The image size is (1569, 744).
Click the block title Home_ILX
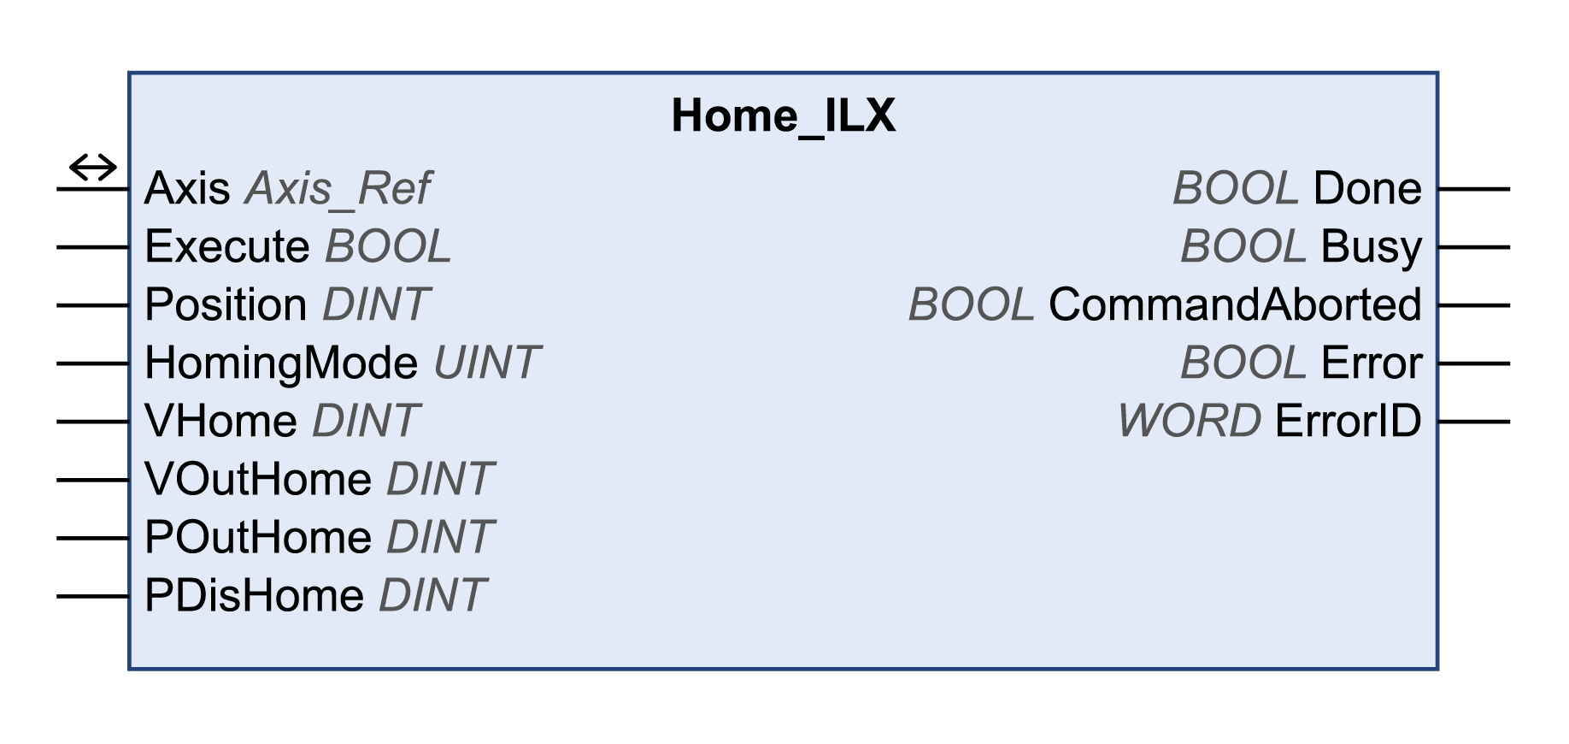coord(783,115)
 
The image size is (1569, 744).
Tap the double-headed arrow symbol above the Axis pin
coord(92,167)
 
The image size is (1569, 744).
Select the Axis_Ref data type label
coord(338,189)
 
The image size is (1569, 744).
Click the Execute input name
coord(226,247)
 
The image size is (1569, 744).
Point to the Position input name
coord(226,305)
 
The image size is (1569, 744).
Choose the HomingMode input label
coord(281,363)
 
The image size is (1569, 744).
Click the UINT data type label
coord(486,363)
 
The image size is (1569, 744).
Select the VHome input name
coord(220,422)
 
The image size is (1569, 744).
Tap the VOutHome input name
coord(258,480)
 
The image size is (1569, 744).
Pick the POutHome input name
coord(258,538)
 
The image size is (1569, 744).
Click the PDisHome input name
coord(254,596)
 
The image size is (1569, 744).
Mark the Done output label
coord(1367,189)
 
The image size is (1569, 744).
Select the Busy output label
coord(1371,247)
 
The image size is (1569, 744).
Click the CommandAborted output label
coord(1235,305)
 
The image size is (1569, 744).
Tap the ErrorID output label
coord(1348,422)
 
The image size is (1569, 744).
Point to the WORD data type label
coord(1189,422)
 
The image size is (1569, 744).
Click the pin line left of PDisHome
coord(92,596)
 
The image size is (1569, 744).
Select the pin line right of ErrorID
coord(1474,422)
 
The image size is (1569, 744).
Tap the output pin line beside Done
coord(1474,189)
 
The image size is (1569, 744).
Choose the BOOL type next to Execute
coord(388,247)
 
